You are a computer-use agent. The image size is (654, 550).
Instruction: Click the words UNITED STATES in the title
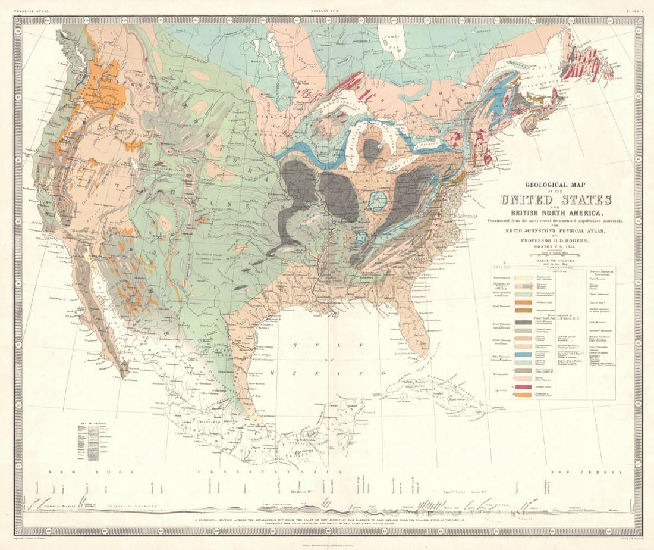click(556, 200)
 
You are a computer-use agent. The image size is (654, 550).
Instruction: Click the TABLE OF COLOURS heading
click(556, 260)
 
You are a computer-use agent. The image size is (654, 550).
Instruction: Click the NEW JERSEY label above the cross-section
click(574, 472)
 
